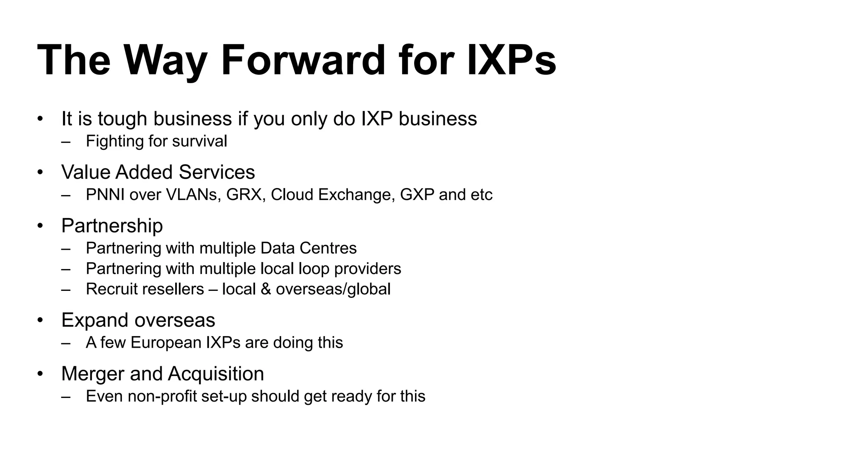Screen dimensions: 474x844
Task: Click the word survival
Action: pyautogui.click(x=199, y=141)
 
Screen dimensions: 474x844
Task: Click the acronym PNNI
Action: pyautogui.click(x=105, y=195)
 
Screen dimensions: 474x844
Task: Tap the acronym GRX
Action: pyautogui.click(x=244, y=195)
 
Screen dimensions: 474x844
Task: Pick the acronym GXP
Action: pyautogui.click(x=417, y=195)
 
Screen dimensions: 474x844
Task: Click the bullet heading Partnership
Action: pyautogui.click(x=112, y=225)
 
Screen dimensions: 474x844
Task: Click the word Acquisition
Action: pyautogui.click(x=216, y=374)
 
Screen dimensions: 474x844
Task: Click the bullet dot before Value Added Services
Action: pyautogui.click(x=40, y=172)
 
